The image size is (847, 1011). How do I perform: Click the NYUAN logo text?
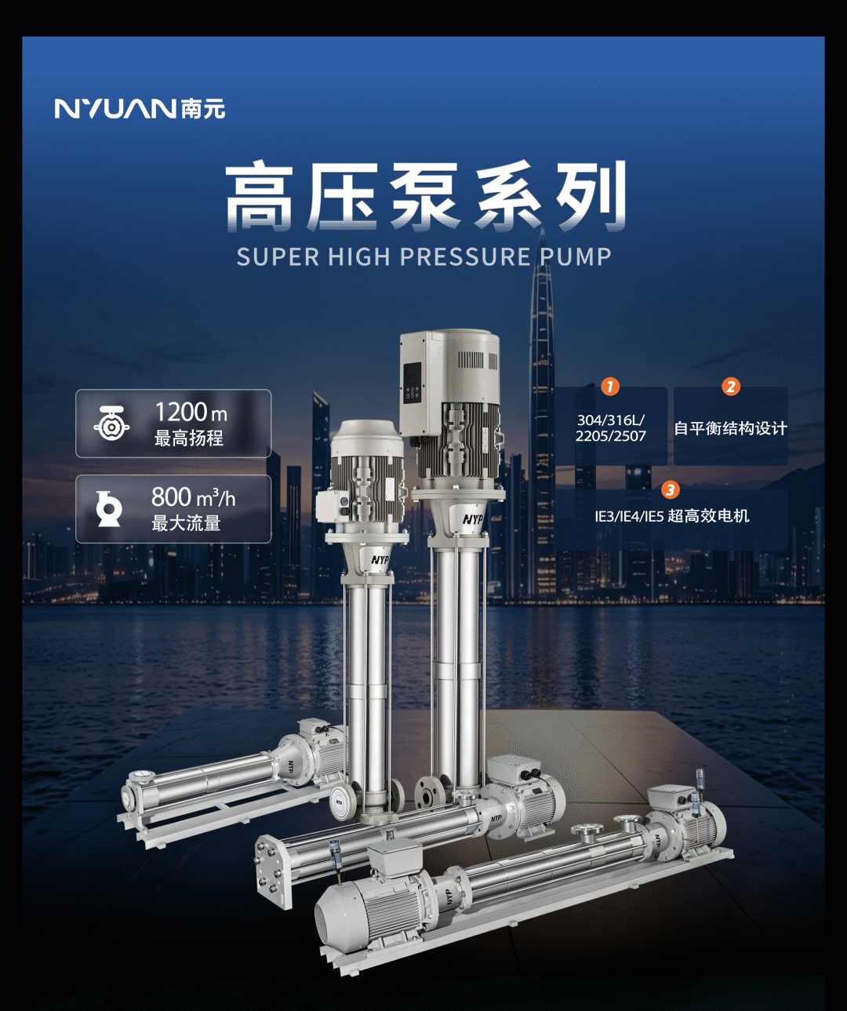(115, 108)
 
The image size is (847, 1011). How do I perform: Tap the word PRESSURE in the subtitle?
(465, 256)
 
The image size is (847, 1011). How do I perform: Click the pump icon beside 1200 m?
(111, 424)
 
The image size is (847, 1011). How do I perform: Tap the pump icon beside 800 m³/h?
(108, 508)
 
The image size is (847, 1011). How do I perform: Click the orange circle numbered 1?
(610, 387)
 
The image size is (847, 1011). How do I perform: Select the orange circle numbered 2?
(731, 387)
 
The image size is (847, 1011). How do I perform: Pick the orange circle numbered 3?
(671, 489)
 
